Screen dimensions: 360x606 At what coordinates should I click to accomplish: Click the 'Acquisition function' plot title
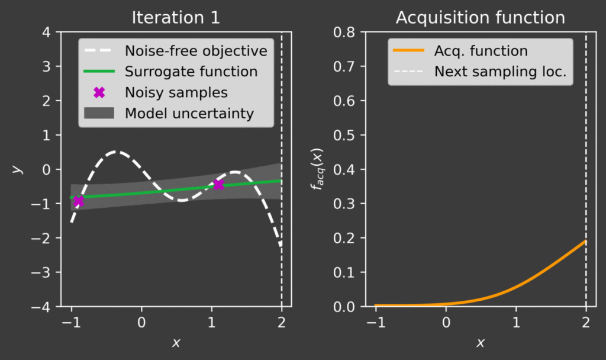pyautogui.click(x=480, y=17)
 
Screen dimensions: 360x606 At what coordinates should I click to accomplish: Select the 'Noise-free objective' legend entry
pyautogui.click(x=196, y=51)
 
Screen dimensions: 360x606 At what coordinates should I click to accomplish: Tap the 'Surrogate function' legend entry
pyautogui.click(x=191, y=72)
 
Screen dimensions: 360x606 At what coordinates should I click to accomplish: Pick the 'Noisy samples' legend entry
pyautogui.click(x=176, y=92)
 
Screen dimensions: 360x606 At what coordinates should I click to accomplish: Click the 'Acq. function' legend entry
pyautogui.click(x=481, y=51)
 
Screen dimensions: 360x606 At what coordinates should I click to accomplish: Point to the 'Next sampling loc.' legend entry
pyautogui.click(x=500, y=72)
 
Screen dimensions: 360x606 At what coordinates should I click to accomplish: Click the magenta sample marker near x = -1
pyautogui.click(x=78, y=201)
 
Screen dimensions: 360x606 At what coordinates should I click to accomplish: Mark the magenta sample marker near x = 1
pyautogui.click(x=218, y=185)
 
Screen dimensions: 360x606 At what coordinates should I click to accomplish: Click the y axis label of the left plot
pyautogui.click(x=18, y=169)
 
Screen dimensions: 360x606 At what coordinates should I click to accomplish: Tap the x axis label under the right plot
pyautogui.click(x=481, y=343)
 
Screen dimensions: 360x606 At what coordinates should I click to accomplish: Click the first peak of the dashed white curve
pyautogui.click(x=117, y=152)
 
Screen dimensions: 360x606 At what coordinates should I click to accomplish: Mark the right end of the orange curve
pyautogui.click(x=586, y=241)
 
